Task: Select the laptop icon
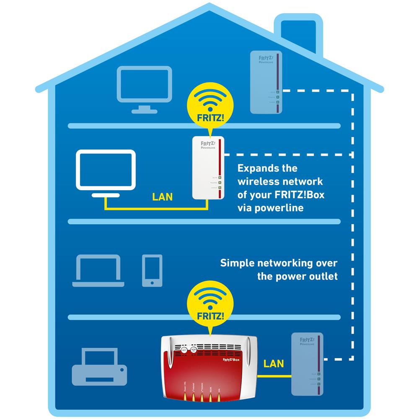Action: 98,271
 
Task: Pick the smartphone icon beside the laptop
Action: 152,270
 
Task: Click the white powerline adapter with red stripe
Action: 207,168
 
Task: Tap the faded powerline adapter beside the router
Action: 307,364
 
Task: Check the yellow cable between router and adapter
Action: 273,375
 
